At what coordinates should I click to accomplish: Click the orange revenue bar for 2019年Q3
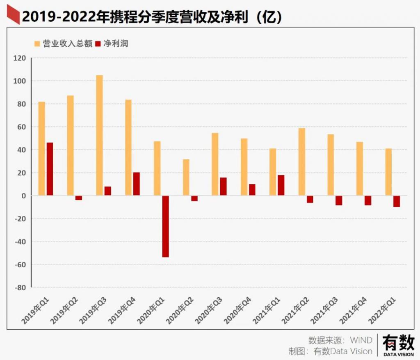[99, 135]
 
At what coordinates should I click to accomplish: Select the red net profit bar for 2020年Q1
[165, 226]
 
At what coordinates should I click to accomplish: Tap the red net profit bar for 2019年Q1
[50, 169]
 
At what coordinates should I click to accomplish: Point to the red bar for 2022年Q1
[397, 201]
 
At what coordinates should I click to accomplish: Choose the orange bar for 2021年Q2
[302, 162]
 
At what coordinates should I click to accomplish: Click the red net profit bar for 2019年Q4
[136, 184]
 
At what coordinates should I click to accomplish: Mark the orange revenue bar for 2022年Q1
[388, 172]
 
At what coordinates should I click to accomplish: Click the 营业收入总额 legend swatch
[37, 43]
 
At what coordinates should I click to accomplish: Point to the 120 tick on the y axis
[19, 58]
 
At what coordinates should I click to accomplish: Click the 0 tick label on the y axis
[23, 196]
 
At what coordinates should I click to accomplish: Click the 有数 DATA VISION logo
[398, 345]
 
